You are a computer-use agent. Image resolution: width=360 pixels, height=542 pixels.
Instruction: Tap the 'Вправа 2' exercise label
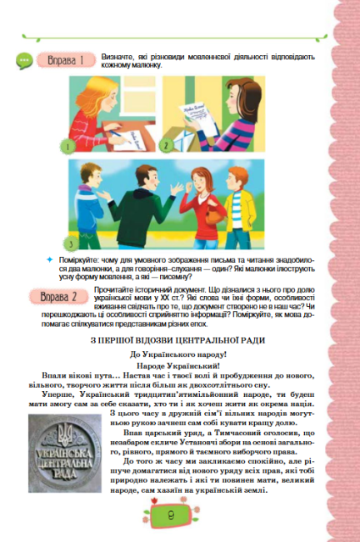[63, 296]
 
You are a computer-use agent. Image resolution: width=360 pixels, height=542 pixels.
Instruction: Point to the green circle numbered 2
[166, 144]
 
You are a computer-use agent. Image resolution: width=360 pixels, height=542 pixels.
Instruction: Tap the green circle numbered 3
[71, 243]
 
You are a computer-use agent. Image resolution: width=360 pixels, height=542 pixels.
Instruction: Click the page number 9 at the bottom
[172, 516]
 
